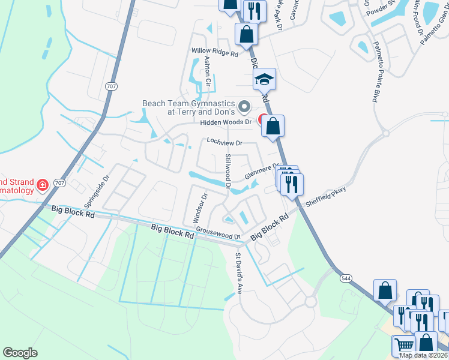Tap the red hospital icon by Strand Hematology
tap(43, 184)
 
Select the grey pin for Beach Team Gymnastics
tap(244, 107)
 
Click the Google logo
tap(20, 353)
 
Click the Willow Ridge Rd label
tap(215, 53)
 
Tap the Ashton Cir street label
tap(208, 70)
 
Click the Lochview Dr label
tap(224, 142)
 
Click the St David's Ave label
tap(238, 273)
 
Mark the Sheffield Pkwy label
tap(326, 197)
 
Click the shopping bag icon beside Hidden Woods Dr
tap(273, 126)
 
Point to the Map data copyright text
tap(423, 355)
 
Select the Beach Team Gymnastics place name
tap(187, 107)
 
